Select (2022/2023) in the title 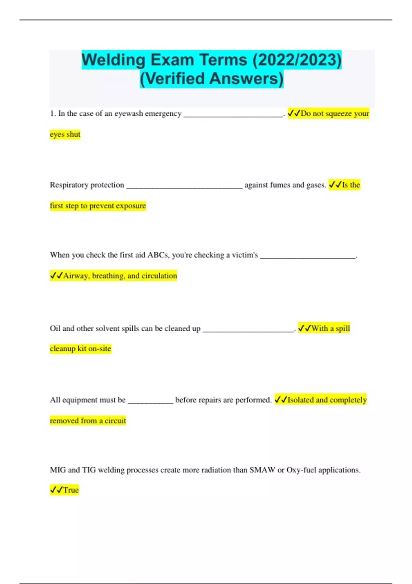(x=297, y=60)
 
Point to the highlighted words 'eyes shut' (x=65, y=134)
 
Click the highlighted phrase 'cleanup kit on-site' (x=80, y=349)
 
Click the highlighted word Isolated (x=300, y=400)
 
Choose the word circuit (x=115, y=421)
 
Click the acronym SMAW (x=262, y=470)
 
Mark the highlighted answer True (x=71, y=490)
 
